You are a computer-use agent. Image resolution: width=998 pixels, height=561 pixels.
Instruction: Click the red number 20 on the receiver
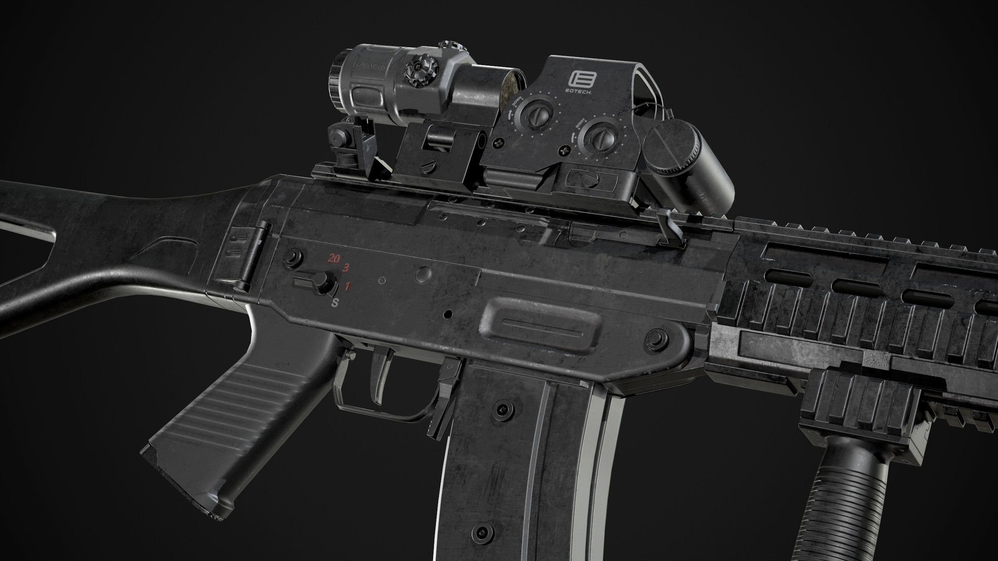pyautogui.click(x=334, y=258)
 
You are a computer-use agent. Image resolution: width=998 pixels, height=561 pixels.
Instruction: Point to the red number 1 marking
pyautogui.click(x=348, y=286)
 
